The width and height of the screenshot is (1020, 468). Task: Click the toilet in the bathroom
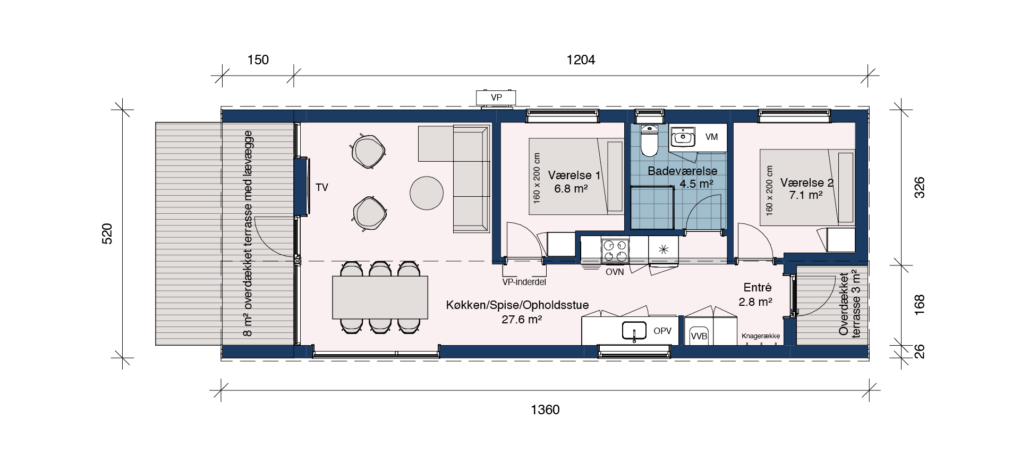[649, 140]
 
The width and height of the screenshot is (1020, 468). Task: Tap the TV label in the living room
[322, 187]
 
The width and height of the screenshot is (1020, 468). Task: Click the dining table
[380, 297]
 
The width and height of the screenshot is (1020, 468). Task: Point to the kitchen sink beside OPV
[634, 330]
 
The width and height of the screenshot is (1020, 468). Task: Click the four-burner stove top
[615, 251]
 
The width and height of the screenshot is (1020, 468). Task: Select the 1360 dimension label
[545, 410]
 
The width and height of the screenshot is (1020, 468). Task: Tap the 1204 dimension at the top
[581, 60]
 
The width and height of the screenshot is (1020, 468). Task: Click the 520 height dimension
[107, 233]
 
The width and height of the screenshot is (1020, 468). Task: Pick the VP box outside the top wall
[496, 98]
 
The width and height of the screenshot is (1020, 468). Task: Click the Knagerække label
[761, 337]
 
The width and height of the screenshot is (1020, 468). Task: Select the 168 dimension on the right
[920, 305]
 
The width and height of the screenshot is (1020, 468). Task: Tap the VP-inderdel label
[524, 282]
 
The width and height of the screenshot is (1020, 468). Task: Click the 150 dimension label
[258, 60]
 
